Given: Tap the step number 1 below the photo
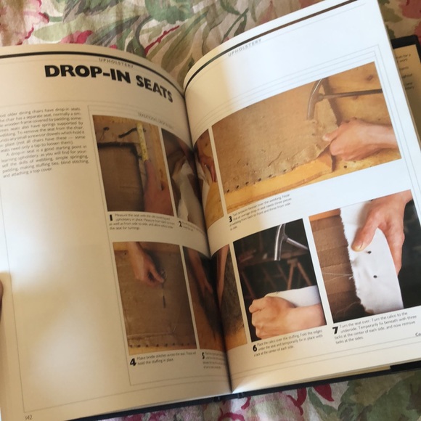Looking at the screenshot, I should click(x=110, y=216).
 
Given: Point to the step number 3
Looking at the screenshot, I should click(x=229, y=218).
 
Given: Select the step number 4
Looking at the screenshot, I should click(x=132, y=361).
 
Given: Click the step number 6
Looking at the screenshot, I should click(x=254, y=348).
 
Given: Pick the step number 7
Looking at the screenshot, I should click(x=335, y=331).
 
